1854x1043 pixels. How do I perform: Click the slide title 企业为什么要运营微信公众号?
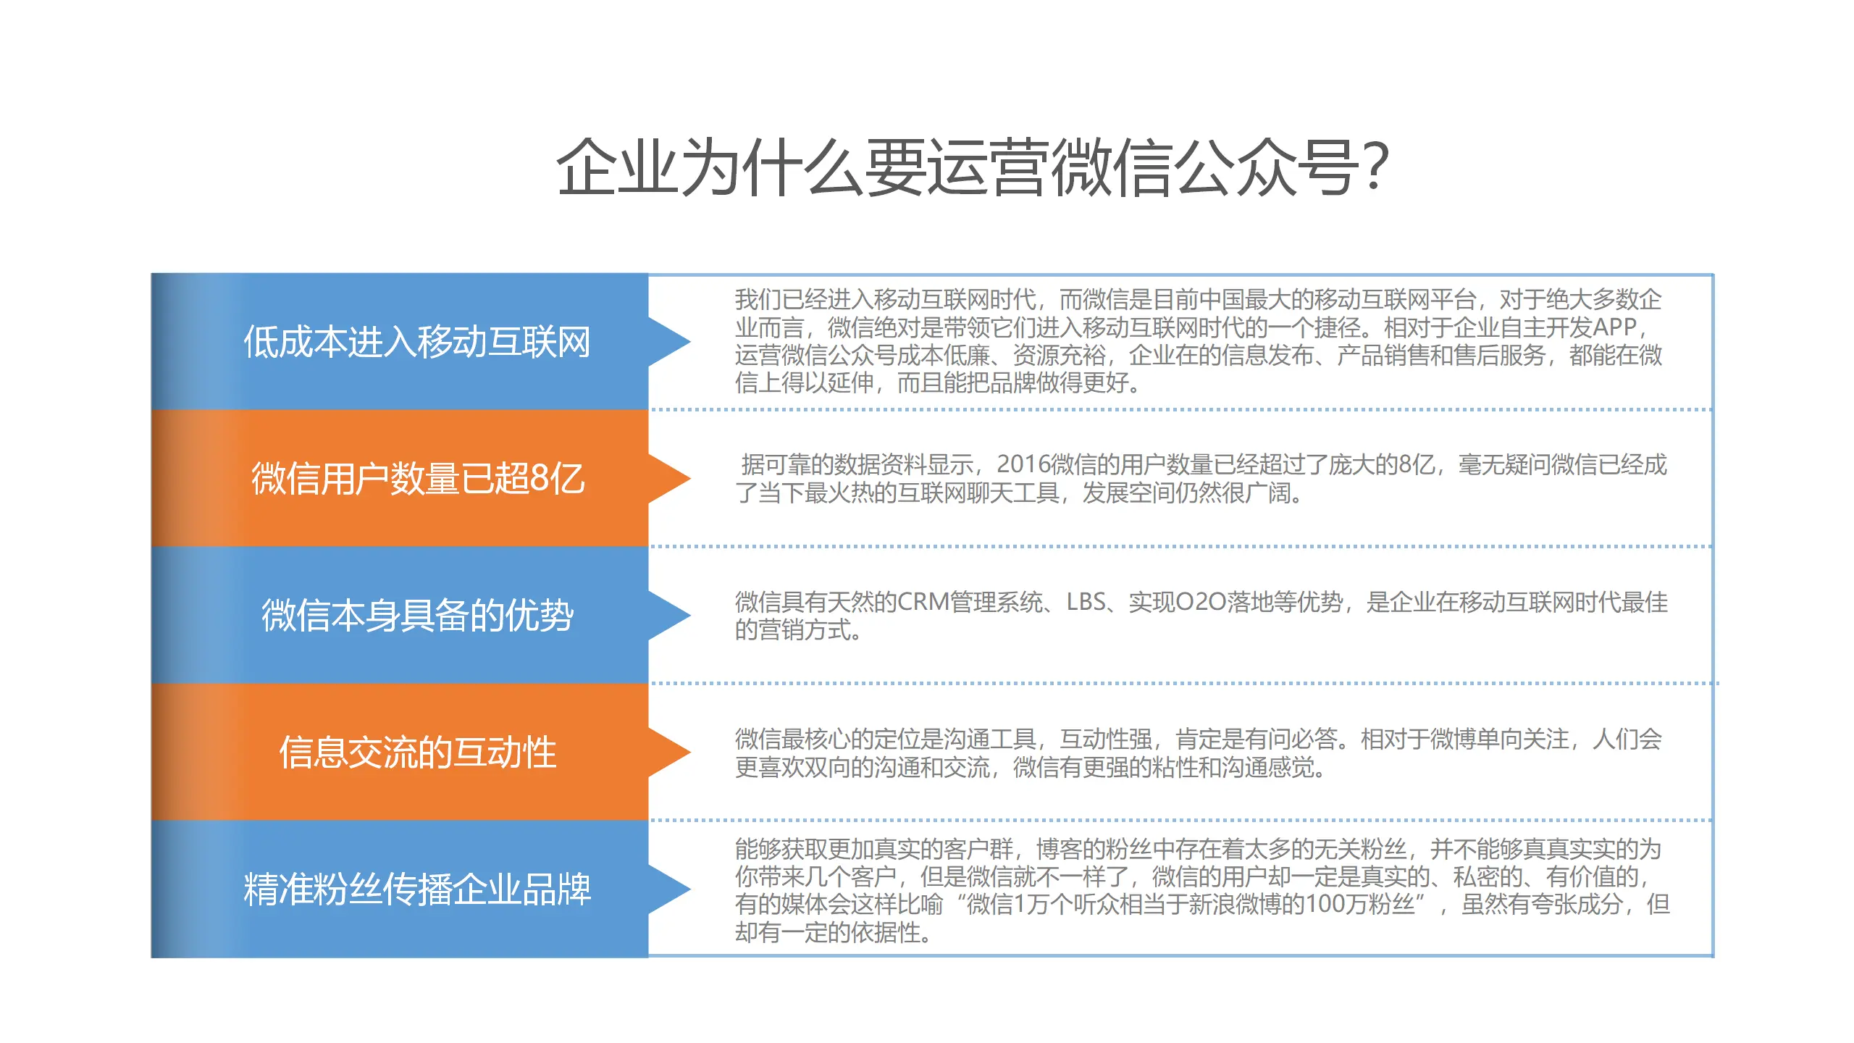tap(971, 167)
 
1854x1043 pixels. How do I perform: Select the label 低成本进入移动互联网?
tap(417, 342)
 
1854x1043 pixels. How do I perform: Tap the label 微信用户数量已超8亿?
tap(418, 479)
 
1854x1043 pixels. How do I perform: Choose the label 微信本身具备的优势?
tap(418, 616)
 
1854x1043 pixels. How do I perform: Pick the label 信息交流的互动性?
tap(418, 753)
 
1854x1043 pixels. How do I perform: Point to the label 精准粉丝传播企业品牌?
tap(417, 889)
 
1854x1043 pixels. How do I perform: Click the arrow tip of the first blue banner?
tap(690, 342)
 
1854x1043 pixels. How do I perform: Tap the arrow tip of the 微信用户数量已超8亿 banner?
tap(690, 479)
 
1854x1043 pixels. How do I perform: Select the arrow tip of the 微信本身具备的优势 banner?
tap(690, 616)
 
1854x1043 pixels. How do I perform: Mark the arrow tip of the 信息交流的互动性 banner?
tap(690, 753)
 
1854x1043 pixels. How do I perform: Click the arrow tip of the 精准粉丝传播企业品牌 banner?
tap(690, 889)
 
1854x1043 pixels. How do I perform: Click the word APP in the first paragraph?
tap(1615, 327)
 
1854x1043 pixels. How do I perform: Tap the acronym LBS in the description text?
tap(1086, 602)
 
